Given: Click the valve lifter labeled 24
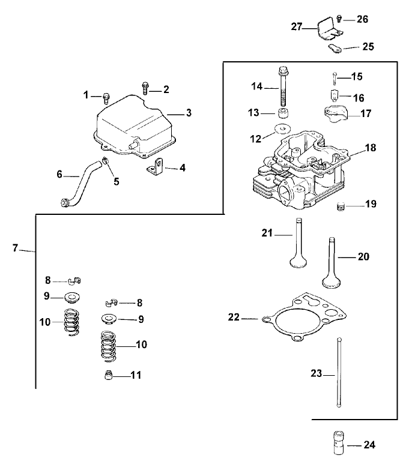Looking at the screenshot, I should (337, 444).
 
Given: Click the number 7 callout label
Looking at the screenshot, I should (16, 248).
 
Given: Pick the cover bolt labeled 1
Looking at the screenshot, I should (106, 96).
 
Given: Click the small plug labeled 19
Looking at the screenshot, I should (341, 207).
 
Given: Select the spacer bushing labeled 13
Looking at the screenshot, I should (282, 113).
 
